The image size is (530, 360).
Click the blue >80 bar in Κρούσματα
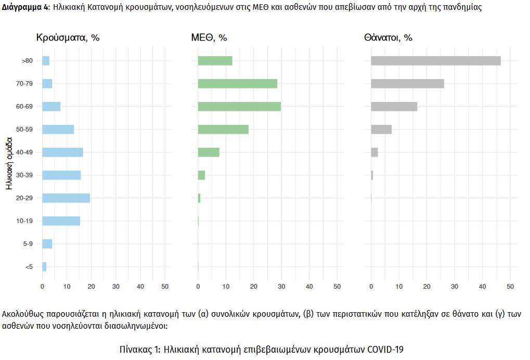[x=46, y=61]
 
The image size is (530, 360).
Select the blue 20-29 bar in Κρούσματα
[x=66, y=198]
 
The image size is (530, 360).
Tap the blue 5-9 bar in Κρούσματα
[x=47, y=244]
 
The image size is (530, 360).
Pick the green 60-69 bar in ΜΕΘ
[x=239, y=107]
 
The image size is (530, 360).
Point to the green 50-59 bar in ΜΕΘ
[x=223, y=130]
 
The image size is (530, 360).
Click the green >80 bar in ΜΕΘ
[x=215, y=61]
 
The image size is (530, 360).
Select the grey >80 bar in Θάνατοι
[x=436, y=61]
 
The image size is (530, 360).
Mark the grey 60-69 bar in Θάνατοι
[x=394, y=107]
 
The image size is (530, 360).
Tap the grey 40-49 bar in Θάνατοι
[x=374, y=152]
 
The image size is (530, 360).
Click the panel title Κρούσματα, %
[x=68, y=38]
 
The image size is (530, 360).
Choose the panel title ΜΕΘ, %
[x=209, y=38]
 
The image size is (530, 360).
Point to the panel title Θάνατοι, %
[x=389, y=38]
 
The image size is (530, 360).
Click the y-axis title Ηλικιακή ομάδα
[x=9, y=163]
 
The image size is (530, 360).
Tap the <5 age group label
[x=29, y=267]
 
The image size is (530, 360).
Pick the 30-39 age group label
[x=24, y=175]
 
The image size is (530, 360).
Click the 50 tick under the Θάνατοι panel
[x=510, y=287]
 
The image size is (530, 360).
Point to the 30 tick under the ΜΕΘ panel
[x=281, y=287]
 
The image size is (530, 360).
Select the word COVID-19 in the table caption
[x=385, y=349]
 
